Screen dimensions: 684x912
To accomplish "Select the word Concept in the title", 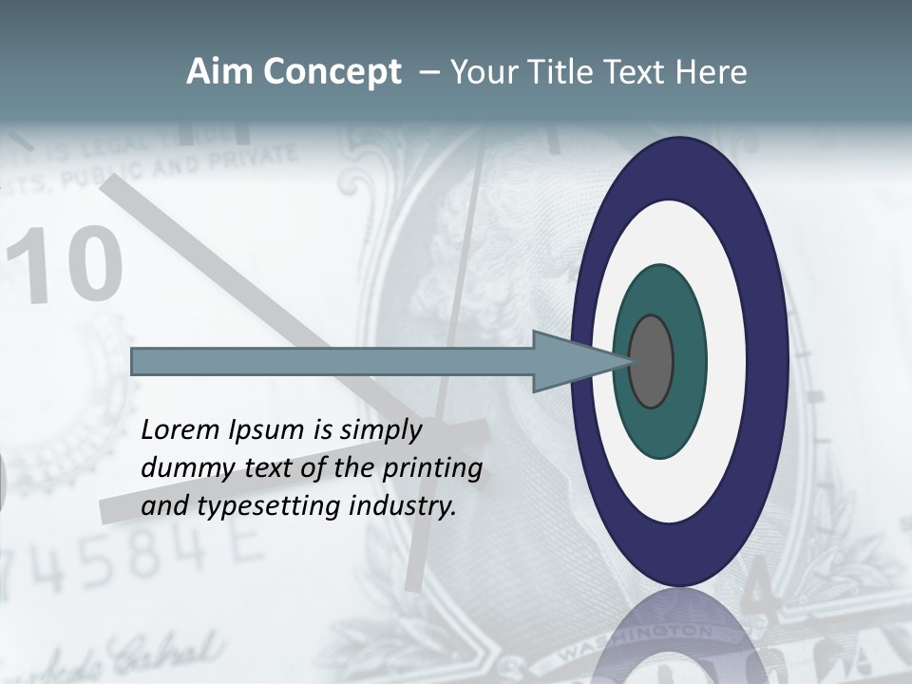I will pyautogui.click(x=332, y=73).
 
